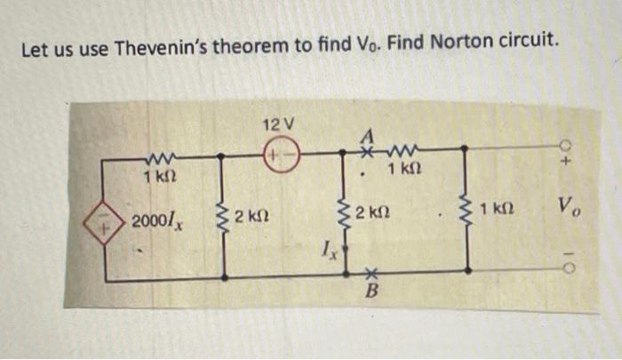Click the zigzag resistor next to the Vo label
[x=465, y=212]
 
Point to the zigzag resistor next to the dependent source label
[x=225, y=216]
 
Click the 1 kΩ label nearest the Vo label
[x=499, y=211]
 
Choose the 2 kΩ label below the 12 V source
[x=253, y=216]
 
